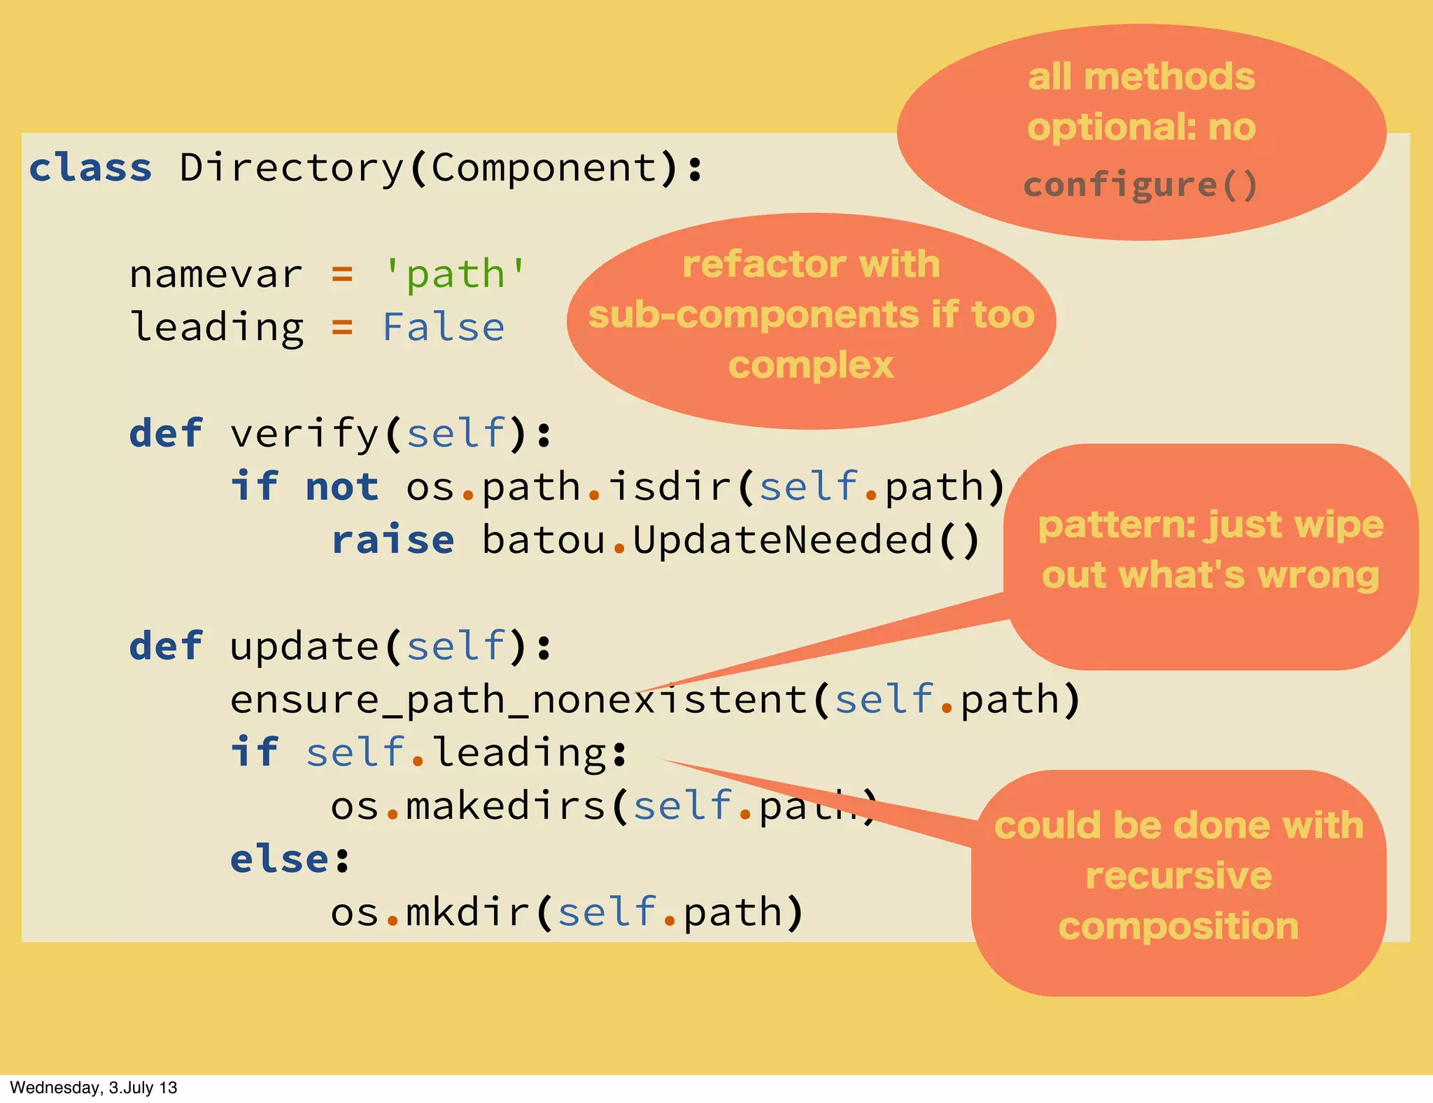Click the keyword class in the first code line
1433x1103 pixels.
pyautogui.click(x=90, y=169)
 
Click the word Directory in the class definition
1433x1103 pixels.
pyautogui.click(x=292, y=169)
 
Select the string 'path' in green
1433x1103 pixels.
pyautogui.click(x=455, y=274)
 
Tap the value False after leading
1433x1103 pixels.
pyautogui.click(x=443, y=327)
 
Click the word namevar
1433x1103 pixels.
pyautogui.click(x=216, y=274)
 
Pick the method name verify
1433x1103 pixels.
pyautogui.click(x=304, y=433)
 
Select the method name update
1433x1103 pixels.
pyautogui.click(x=304, y=646)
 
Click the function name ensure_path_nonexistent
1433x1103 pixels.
pyautogui.click(x=518, y=699)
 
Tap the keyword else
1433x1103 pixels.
pyautogui.click(x=279, y=859)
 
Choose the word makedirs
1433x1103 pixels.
pyautogui.click(x=505, y=806)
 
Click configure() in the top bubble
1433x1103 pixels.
pyautogui.click(x=1141, y=185)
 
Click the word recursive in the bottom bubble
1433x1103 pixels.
pyautogui.click(x=1178, y=876)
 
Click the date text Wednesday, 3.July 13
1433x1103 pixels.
pyautogui.click(x=93, y=1088)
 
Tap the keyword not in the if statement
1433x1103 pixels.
pyautogui.click(x=342, y=486)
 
